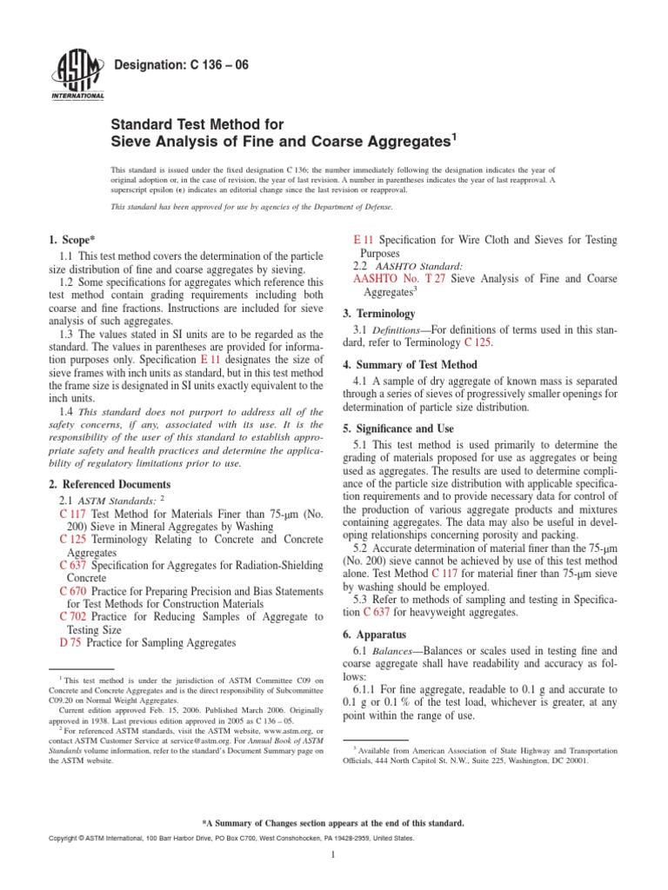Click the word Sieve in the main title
135,140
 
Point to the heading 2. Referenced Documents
110,484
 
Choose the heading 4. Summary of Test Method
424,364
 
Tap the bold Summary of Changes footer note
332,822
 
